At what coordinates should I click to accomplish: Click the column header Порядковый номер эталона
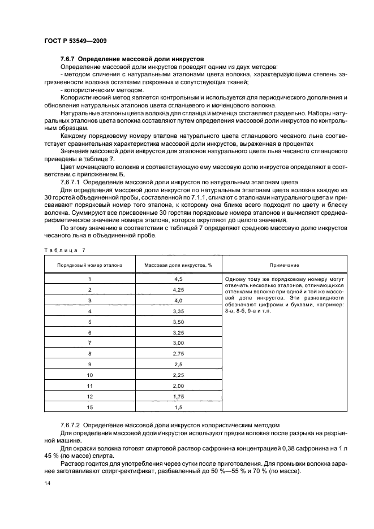[x=89, y=265]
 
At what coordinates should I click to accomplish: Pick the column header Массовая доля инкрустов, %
[x=178, y=265]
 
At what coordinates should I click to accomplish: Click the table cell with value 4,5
[x=178, y=279]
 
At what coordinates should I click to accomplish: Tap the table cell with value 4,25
[x=178, y=290]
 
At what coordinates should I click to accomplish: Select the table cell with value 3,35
[x=178, y=311]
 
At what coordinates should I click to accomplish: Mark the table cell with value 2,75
[x=178, y=354]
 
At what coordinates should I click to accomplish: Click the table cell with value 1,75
[x=178, y=397]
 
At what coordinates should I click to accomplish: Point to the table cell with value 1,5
[x=178, y=407]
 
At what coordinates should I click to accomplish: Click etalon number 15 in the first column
[x=89, y=407]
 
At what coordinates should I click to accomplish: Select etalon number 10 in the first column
[x=89, y=375]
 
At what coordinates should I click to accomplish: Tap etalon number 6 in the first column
[x=89, y=332]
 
